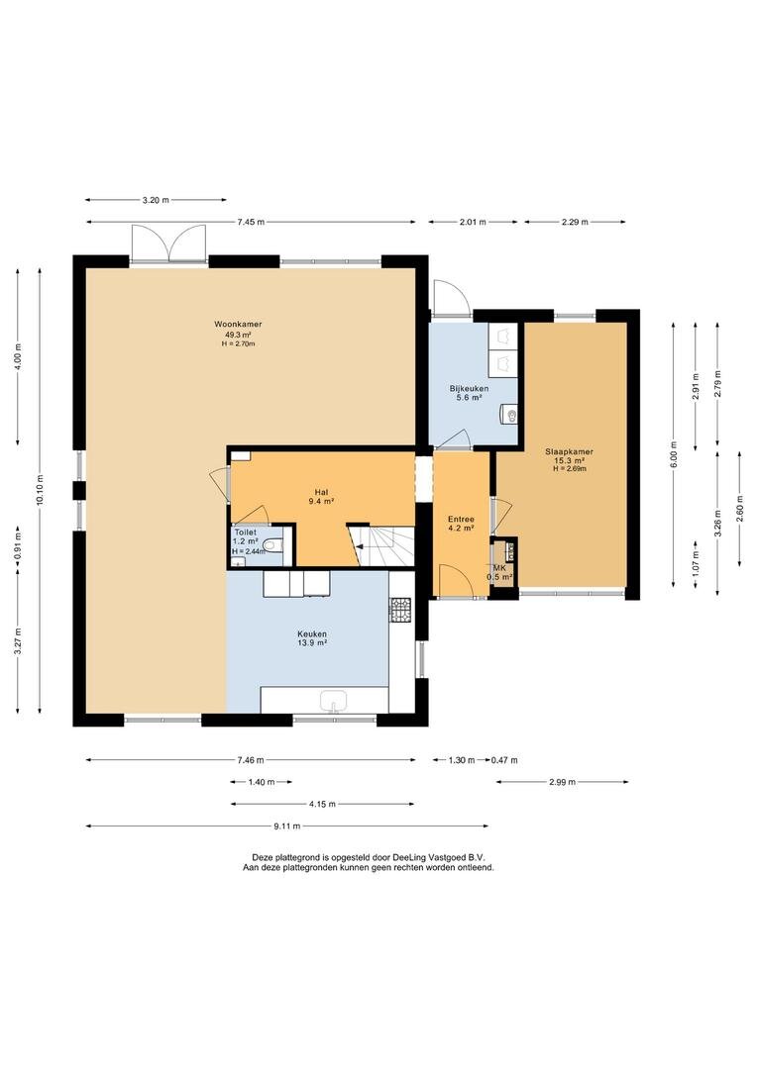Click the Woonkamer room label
click(x=238, y=324)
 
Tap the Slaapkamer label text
click(x=570, y=451)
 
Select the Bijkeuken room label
click(x=469, y=389)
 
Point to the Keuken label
click(x=311, y=633)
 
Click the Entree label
click(x=461, y=519)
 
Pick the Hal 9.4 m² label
click(x=321, y=496)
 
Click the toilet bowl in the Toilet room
click(x=273, y=544)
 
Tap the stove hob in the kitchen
click(x=400, y=610)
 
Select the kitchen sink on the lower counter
click(x=334, y=700)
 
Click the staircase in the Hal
click(x=382, y=545)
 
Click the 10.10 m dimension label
click(x=40, y=490)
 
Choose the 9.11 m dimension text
click(x=286, y=826)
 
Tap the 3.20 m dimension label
click(x=155, y=200)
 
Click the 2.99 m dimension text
click(x=563, y=782)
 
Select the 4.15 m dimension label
click(x=322, y=804)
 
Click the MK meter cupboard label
click(x=499, y=568)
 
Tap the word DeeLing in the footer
click(x=408, y=857)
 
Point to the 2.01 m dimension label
click(x=473, y=222)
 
